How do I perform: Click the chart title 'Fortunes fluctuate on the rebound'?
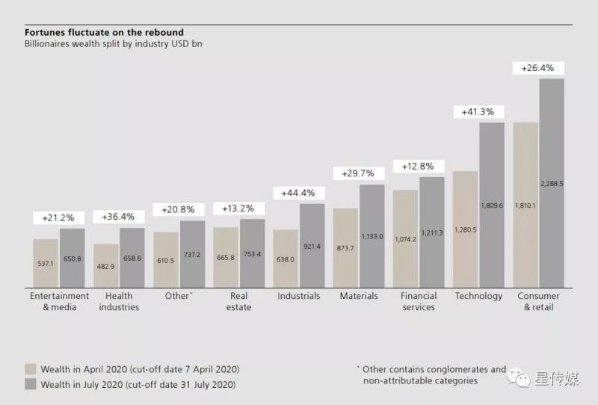(x=104, y=33)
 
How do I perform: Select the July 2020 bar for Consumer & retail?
(x=551, y=183)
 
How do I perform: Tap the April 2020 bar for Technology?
(x=465, y=229)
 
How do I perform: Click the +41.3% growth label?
(x=479, y=112)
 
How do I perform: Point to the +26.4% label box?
(x=537, y=68)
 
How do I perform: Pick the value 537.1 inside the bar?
(x=46, y=264)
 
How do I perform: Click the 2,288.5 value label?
(x=551, y=183)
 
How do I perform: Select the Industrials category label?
(x=298, y=296)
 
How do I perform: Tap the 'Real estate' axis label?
(x=238, y=301)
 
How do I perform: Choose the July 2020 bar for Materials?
(x=372, y=236)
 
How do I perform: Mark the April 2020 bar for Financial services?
(x=405, y=239)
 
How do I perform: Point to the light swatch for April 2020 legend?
(x=31, y=369)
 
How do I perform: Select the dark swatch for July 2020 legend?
(x=31, y=384)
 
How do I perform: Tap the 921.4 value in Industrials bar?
(x=312, y=246)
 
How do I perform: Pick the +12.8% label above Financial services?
(x=419, y=166)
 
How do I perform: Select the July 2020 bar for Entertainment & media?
(x=72, y=258)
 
